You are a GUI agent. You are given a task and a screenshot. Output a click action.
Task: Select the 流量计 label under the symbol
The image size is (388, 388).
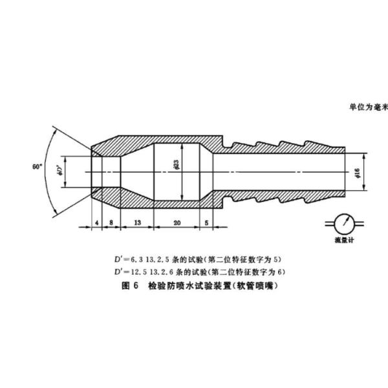(338, 240)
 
